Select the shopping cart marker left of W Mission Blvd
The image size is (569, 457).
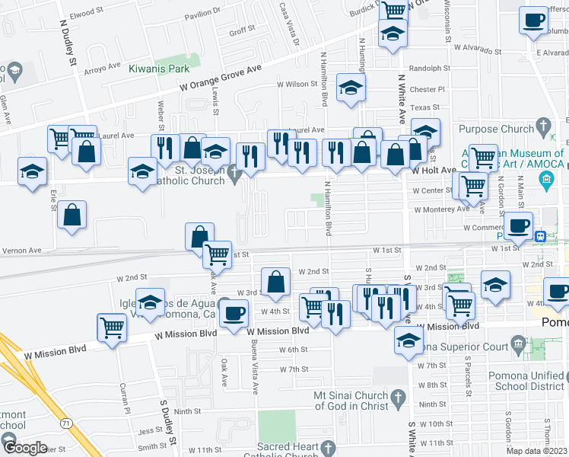point(112,328)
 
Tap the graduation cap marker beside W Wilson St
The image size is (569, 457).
point(351,88)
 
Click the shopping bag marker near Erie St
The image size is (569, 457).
point(72,216)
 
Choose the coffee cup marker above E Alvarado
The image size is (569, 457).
point(534,21)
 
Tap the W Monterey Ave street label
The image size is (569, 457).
point(442,209)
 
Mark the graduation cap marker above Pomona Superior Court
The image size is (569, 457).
point(408,341)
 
